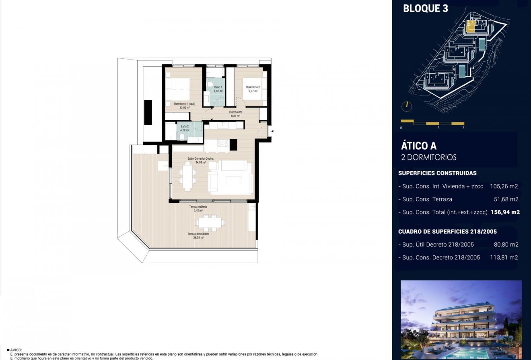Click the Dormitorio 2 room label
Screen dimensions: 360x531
coord(253,87)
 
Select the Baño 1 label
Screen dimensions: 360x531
coord(218,87)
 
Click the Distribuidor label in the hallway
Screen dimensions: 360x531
coord(235,112)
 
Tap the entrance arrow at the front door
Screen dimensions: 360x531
coord(272,131)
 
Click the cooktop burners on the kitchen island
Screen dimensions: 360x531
coord(223,143)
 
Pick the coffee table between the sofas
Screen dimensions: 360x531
coord(233,180)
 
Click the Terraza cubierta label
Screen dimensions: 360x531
coord(198,206)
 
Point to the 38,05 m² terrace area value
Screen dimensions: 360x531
coord(198,238)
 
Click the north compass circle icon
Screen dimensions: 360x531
coord(407,106)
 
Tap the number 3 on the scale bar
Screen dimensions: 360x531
coord(438,128)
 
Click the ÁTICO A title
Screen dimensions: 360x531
coord(418,146)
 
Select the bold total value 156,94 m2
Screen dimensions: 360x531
coord(505,212)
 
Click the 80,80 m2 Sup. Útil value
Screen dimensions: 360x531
coord(506,245)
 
